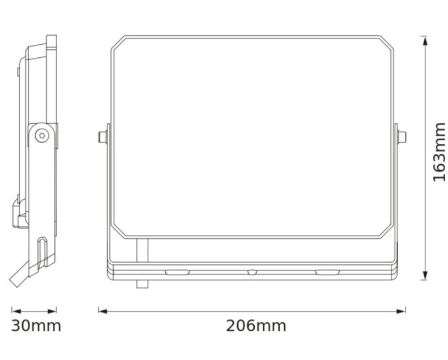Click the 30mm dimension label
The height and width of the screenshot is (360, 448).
[x=36, y=325]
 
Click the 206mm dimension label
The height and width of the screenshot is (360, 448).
[x=256, y=325]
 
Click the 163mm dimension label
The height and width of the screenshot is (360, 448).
[x=440, y=152]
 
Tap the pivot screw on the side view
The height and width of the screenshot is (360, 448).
[x=42, y=136]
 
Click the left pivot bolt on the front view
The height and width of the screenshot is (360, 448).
[x=103, y=137]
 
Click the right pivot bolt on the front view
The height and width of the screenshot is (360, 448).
[x=402, y=137]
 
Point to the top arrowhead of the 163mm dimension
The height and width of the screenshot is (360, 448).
[x=425, y=41]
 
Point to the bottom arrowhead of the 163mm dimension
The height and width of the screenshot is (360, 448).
[x=425, y=275]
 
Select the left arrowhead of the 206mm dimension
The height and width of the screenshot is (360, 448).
[x=103, y=311]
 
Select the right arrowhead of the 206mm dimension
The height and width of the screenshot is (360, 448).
[x=400, y=311]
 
